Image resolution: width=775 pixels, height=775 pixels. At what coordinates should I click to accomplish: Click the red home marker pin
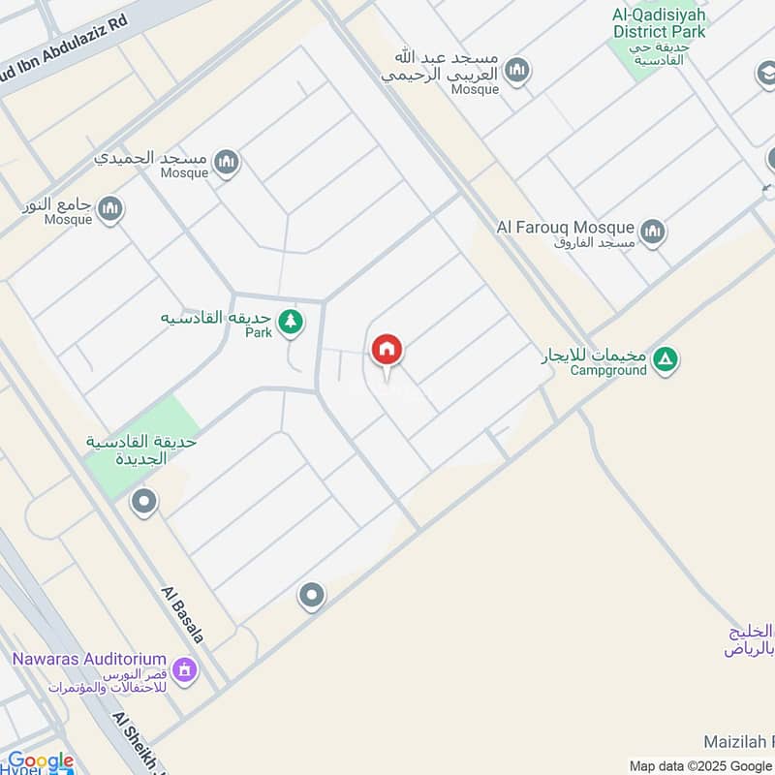coord(387,350)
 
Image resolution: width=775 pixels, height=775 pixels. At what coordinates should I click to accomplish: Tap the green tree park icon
coord(290,321)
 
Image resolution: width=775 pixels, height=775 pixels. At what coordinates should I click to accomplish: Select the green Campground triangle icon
coord(665,359)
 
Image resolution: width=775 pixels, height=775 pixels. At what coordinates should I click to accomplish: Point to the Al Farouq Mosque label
coord(566,228)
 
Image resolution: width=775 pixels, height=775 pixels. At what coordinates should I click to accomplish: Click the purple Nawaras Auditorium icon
coord(185,668)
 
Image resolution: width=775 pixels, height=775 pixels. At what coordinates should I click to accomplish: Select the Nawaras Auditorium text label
coord(89,659)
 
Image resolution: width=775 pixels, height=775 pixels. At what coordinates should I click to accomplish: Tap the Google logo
coord(41,761)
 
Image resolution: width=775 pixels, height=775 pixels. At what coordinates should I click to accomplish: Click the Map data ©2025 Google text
coord(700,765)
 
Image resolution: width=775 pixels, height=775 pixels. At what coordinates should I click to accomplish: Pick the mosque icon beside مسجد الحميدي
coord(227,161)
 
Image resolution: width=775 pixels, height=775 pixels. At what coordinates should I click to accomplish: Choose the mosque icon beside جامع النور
coord(110,207)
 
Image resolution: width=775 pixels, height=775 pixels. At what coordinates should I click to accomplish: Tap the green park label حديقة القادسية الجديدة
coord(141,449)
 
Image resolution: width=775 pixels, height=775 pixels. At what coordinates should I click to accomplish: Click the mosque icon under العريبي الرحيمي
coord(518,71)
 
